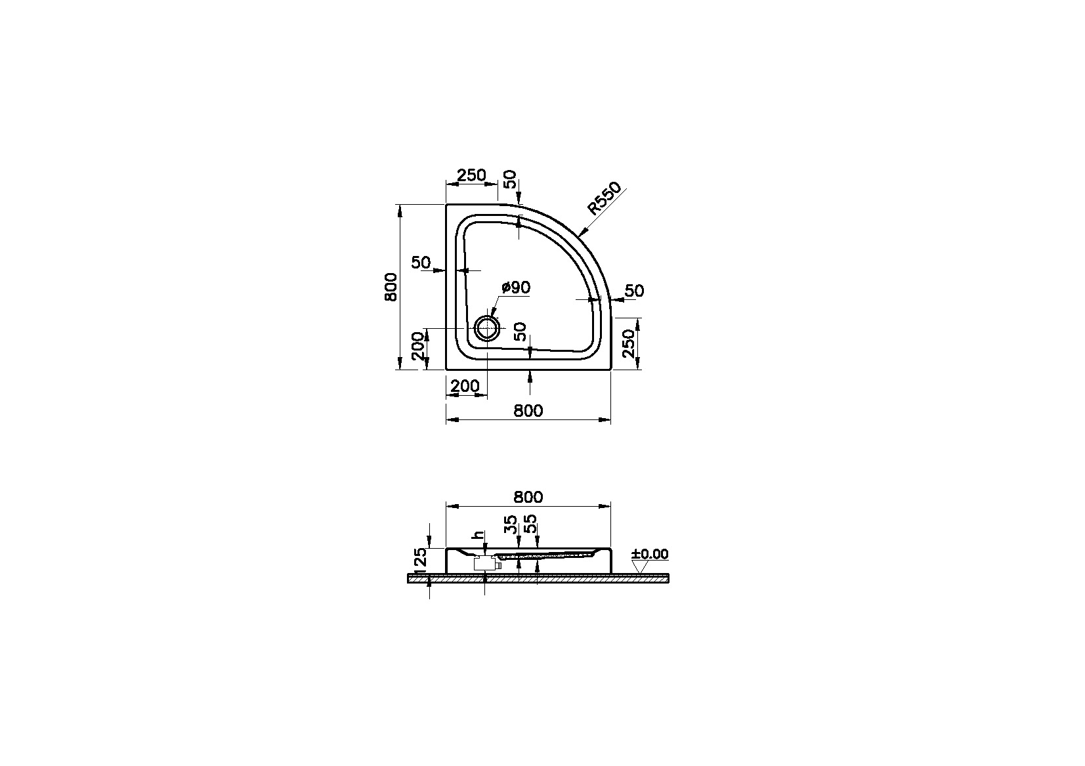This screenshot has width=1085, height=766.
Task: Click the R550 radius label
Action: coord(603,199)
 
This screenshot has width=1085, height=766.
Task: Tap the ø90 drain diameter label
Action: coord(516,287)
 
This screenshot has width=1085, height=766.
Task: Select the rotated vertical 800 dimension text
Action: coord(391,286)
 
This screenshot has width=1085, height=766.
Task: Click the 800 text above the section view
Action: coord(528,497)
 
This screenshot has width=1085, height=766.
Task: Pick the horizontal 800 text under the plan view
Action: coord(528,411)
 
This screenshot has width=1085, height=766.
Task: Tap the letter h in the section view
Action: coord(480,536)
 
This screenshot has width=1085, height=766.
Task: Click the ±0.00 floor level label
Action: coord(650,555)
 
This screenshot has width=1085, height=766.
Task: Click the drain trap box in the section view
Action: coord(484,563)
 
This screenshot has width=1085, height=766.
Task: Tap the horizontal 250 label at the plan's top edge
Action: coord(471,175)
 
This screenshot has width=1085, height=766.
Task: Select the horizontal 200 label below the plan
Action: coord(465,387)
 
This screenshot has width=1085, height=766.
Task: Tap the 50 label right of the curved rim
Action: coord(634,291)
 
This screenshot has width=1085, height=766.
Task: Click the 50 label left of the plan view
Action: coord(421,263)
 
